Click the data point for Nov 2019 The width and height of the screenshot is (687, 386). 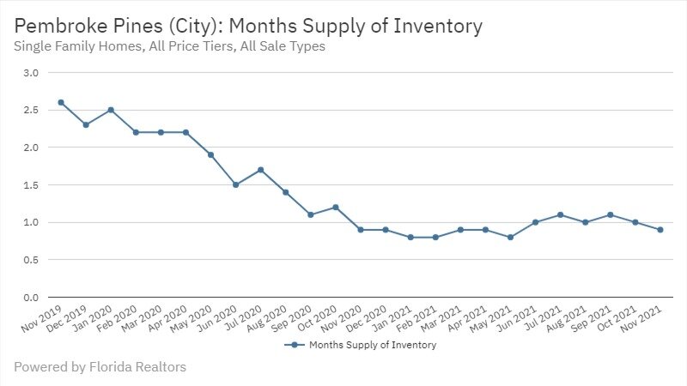pos(61,102)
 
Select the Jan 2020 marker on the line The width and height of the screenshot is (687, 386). pos(111,110)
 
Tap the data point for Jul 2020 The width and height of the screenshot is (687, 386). pos(260,170)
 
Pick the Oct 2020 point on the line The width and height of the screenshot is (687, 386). pos(336,207)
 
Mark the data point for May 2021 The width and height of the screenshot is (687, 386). pos(510,237)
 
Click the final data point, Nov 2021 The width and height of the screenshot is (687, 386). pos(660,229)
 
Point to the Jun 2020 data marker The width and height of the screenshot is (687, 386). pos(235,184)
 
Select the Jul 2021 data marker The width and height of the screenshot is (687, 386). pos(560,214)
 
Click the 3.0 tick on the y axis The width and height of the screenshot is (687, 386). pos(31,73)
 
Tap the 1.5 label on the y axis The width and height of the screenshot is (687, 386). pos(31,184)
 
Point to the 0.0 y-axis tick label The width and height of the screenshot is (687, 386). pos(31,297)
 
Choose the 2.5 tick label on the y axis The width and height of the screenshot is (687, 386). pos(31,110)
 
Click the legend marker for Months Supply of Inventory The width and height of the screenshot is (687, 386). pos(294,345)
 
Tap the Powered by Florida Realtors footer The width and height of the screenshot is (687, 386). pos(100,367)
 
